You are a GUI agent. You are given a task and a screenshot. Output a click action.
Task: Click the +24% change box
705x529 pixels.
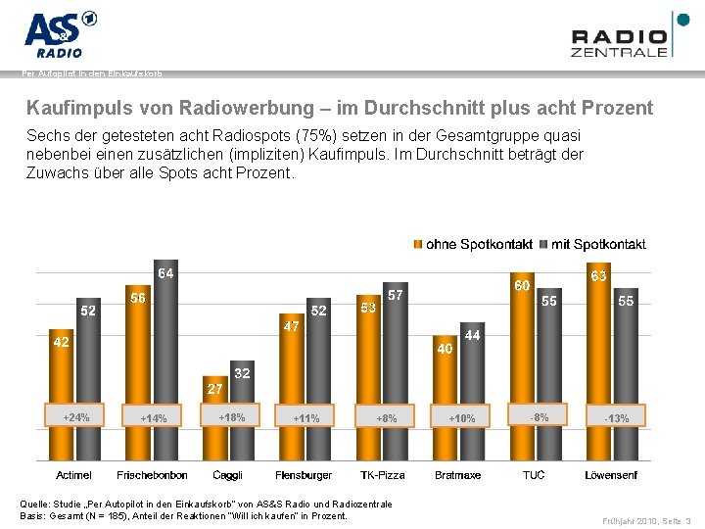coord(76,417)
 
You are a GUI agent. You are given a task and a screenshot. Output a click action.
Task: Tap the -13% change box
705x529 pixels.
coord(617,418)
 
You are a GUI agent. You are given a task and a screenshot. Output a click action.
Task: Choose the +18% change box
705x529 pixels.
coord(231,417)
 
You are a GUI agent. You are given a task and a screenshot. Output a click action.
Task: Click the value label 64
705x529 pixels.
coord(165,273)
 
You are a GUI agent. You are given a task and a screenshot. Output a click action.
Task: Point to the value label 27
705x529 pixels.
coord(214,389)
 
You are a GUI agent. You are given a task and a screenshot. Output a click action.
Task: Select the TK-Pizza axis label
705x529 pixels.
coord(382,475)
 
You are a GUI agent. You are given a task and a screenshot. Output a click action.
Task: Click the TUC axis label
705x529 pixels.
coord(534,475)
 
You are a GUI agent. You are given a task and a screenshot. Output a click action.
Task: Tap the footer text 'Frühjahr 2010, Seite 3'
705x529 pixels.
coord(645,520)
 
